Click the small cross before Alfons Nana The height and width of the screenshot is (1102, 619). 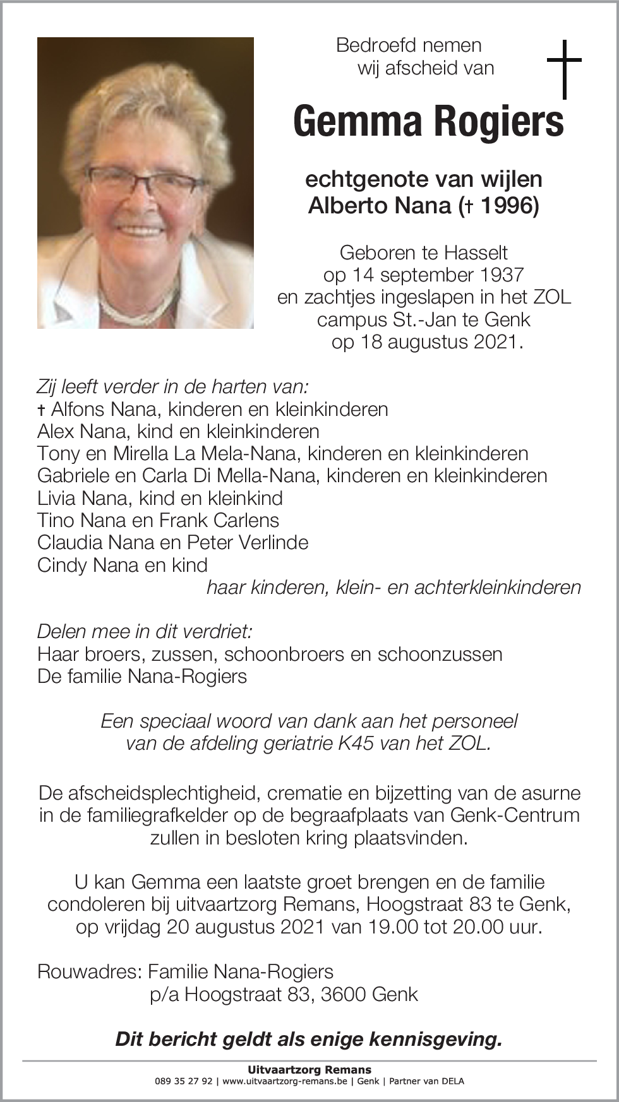pyautogui.click(x=41, y=410)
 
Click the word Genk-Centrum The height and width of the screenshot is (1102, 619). pyautogui.click(x=515, y=815)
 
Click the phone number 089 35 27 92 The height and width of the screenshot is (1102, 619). pyautogui.click(x=183, y=1081)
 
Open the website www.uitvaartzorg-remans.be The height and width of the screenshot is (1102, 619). pyautogui.click(x=285, y=1081)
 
